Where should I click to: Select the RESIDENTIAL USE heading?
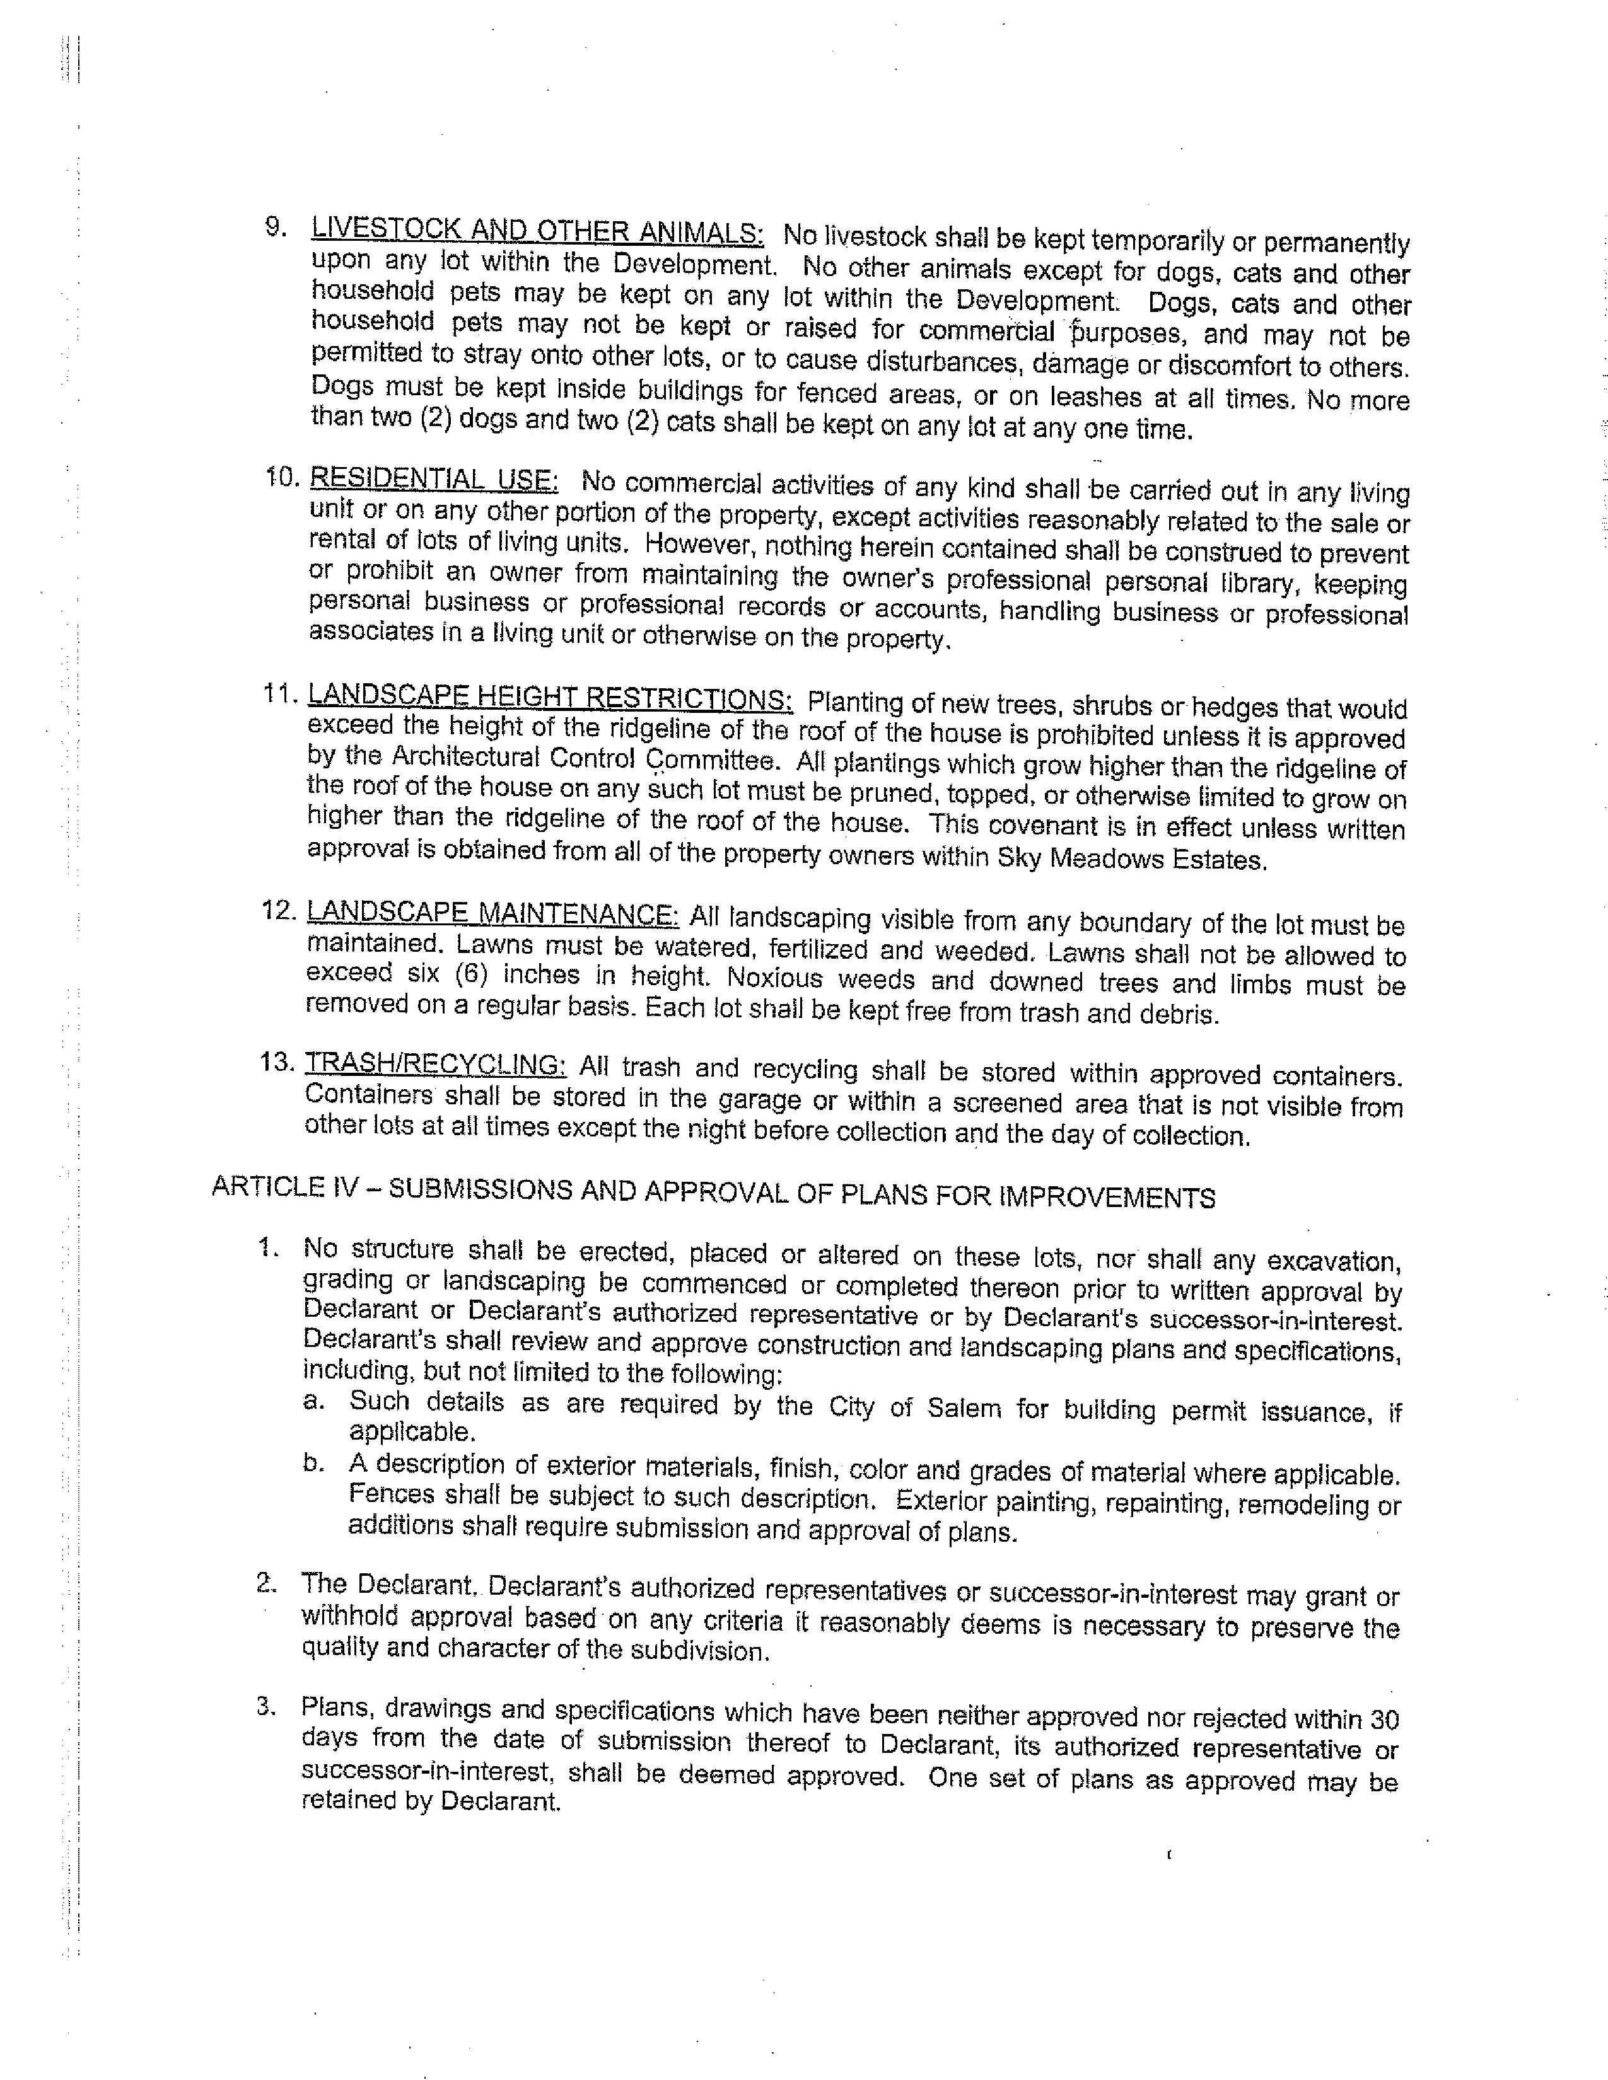click(x=433, y=478)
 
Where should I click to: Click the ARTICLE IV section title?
click(x=713, y=1193)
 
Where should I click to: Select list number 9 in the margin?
click(x=276, y=227)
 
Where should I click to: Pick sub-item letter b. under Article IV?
click(x=315, y=1463)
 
